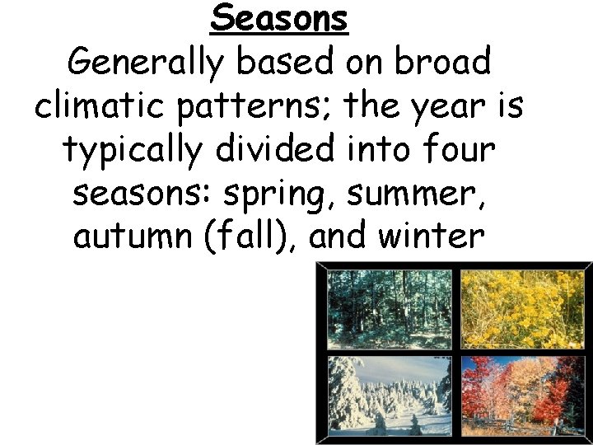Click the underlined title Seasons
(x=279, y=18)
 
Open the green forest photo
(x=390, y=311)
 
